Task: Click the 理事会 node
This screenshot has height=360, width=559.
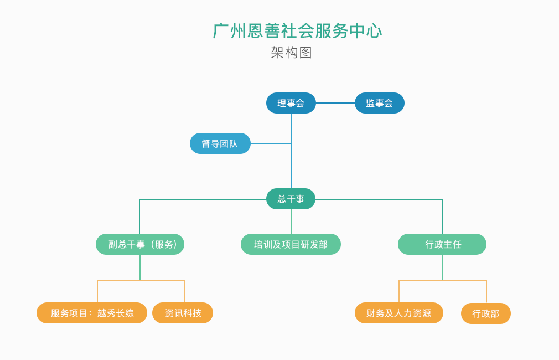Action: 291,103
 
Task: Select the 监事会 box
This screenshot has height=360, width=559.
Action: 379,103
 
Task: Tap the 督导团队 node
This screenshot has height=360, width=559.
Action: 220,143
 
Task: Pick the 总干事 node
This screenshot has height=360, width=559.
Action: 291,199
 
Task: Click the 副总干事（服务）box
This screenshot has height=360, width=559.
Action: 140,244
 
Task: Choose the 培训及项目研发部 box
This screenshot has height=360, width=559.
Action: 291,244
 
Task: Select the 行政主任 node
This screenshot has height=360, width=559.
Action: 442,244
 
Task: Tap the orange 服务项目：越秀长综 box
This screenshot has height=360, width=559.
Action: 92,313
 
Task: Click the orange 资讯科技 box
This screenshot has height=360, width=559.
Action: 183,313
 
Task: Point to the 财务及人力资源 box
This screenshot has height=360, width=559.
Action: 399,313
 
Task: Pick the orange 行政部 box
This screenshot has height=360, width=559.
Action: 486,313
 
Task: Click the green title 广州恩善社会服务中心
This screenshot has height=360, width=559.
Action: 297,30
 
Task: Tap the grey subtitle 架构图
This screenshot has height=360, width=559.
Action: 291,53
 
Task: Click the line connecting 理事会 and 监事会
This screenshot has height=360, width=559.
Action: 335,103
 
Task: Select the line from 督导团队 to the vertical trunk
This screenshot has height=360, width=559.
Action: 271,143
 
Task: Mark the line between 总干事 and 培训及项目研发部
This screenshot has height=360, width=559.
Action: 291,222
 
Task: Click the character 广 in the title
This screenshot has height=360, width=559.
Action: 221,30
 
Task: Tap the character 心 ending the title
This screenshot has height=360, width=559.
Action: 374,30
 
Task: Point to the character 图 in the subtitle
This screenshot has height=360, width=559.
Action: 306,53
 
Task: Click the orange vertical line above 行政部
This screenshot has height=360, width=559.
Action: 486,292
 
